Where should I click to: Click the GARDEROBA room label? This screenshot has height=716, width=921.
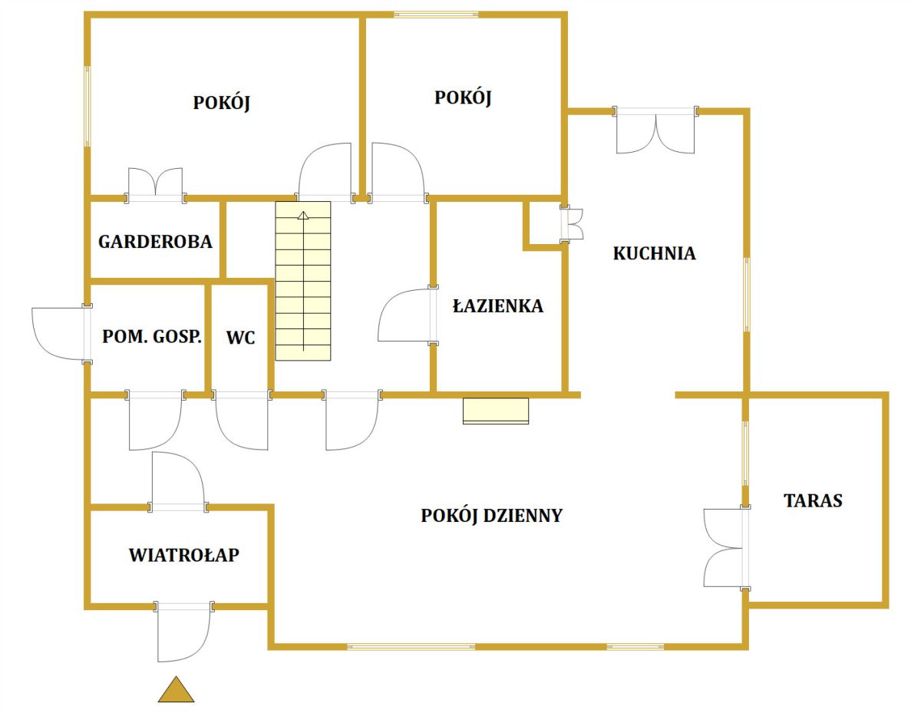[155, 242]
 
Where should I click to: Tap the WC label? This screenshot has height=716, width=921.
[241, 337]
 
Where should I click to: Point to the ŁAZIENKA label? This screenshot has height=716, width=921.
[498, 306]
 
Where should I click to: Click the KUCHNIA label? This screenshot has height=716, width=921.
[654, 253]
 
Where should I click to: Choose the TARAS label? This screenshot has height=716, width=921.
[813, 501]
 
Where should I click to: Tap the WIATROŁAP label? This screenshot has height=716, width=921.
[183, 555]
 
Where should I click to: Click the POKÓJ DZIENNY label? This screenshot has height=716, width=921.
[491, 516]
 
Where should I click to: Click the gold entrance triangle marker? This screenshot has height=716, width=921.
[176, 691]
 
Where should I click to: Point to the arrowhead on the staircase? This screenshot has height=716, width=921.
[303, 216]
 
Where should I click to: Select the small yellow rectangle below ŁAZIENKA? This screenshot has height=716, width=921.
[496, 411]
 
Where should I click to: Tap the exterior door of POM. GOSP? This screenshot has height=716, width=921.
[60, 332]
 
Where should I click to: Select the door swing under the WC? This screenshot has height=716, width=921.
[242, 421]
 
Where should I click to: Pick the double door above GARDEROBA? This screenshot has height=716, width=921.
[156, 184]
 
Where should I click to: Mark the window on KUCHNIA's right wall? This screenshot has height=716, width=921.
[746, 295]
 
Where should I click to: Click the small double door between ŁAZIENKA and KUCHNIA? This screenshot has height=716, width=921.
[573, 223]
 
